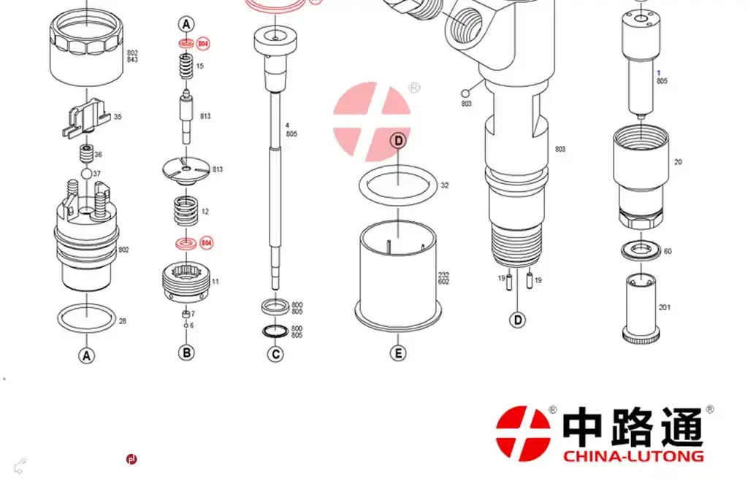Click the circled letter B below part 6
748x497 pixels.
pos(187,352)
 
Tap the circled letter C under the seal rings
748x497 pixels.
pos(275,354)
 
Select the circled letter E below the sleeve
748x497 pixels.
pos(397,353)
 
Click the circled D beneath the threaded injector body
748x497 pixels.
pos(517,320)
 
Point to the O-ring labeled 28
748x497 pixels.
pos(86,318)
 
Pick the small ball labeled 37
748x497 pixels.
pos(86,174)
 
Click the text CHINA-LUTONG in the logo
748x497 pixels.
pos(633,456)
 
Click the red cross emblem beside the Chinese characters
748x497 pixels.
pos(523,432)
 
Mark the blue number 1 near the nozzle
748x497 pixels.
pos(658,73)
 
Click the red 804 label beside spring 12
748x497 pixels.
pos(206,242)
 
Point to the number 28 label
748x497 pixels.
pos(123,321)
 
